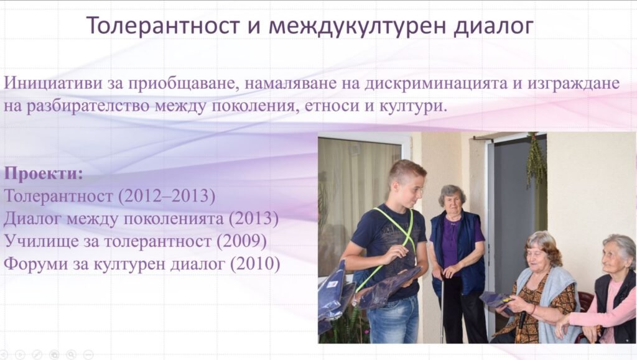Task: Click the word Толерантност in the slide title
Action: tap(163, 25)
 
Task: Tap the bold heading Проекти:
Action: tap(44, 173)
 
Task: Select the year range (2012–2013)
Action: tap(167, 196)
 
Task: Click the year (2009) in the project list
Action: tap(241, 241)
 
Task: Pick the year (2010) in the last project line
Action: tap(255, 264)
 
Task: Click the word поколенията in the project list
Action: tap(174, 219)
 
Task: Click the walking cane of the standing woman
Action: tap(443, 308)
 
